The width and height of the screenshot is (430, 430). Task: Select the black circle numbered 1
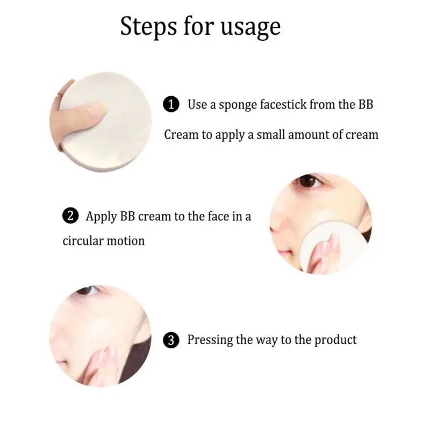click(171, 104)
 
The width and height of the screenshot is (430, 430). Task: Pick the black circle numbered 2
click(70, 216)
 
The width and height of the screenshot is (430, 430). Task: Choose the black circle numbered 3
click(171, 340)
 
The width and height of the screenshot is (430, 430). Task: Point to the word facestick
click(283, 104)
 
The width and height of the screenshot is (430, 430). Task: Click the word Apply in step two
click(101, 217)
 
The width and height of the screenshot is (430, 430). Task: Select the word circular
click(83, 241)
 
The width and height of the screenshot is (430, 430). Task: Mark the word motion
click(126, 241)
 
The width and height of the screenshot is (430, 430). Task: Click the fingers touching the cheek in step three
click(102, 365)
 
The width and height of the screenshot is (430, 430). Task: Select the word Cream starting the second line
click(181, 135)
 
